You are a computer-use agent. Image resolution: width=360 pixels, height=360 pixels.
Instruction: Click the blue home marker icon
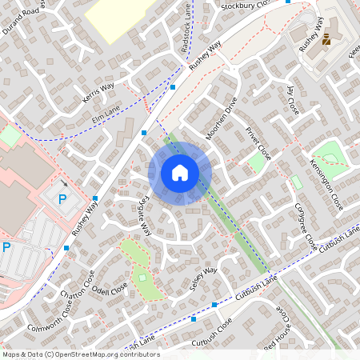(180, 173)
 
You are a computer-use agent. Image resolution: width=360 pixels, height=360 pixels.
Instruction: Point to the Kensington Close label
(326, 186)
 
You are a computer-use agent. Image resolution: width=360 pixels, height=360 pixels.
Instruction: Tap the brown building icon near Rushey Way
(326, 40)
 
